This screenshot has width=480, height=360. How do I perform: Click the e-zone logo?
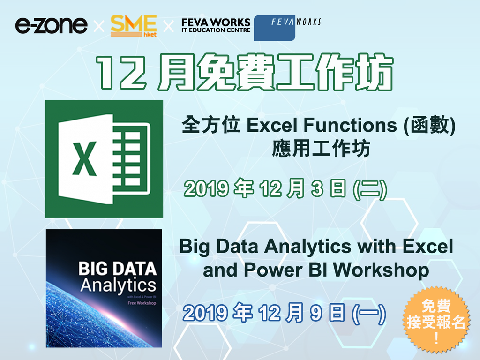pos(51,25)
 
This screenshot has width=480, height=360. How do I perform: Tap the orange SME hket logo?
pos(134,26)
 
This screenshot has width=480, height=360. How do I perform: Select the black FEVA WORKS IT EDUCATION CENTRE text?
pos(216,25)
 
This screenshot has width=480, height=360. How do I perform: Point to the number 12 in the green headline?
pos(121,73)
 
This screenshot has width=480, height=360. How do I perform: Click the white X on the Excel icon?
pos(84,158)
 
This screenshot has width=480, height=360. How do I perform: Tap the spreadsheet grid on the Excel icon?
pos(132,159)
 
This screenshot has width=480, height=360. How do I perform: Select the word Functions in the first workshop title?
pos(350,125)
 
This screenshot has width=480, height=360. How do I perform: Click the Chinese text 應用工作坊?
pos(321,149)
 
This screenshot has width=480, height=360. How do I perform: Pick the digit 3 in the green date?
pos(317,188)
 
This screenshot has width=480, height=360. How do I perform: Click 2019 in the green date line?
pos(206,188)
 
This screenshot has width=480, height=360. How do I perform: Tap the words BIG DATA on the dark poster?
pos(117,269)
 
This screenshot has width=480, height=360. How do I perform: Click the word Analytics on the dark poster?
pos(118,286)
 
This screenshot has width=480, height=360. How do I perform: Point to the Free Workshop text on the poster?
pos(142,303)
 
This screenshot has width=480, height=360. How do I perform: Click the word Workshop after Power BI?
pos(381,270)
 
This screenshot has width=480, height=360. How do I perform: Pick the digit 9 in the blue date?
pos(316,313)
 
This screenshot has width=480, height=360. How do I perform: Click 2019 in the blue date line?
pos(205,313)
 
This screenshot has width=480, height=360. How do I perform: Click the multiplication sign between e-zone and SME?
pos(98,26)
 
